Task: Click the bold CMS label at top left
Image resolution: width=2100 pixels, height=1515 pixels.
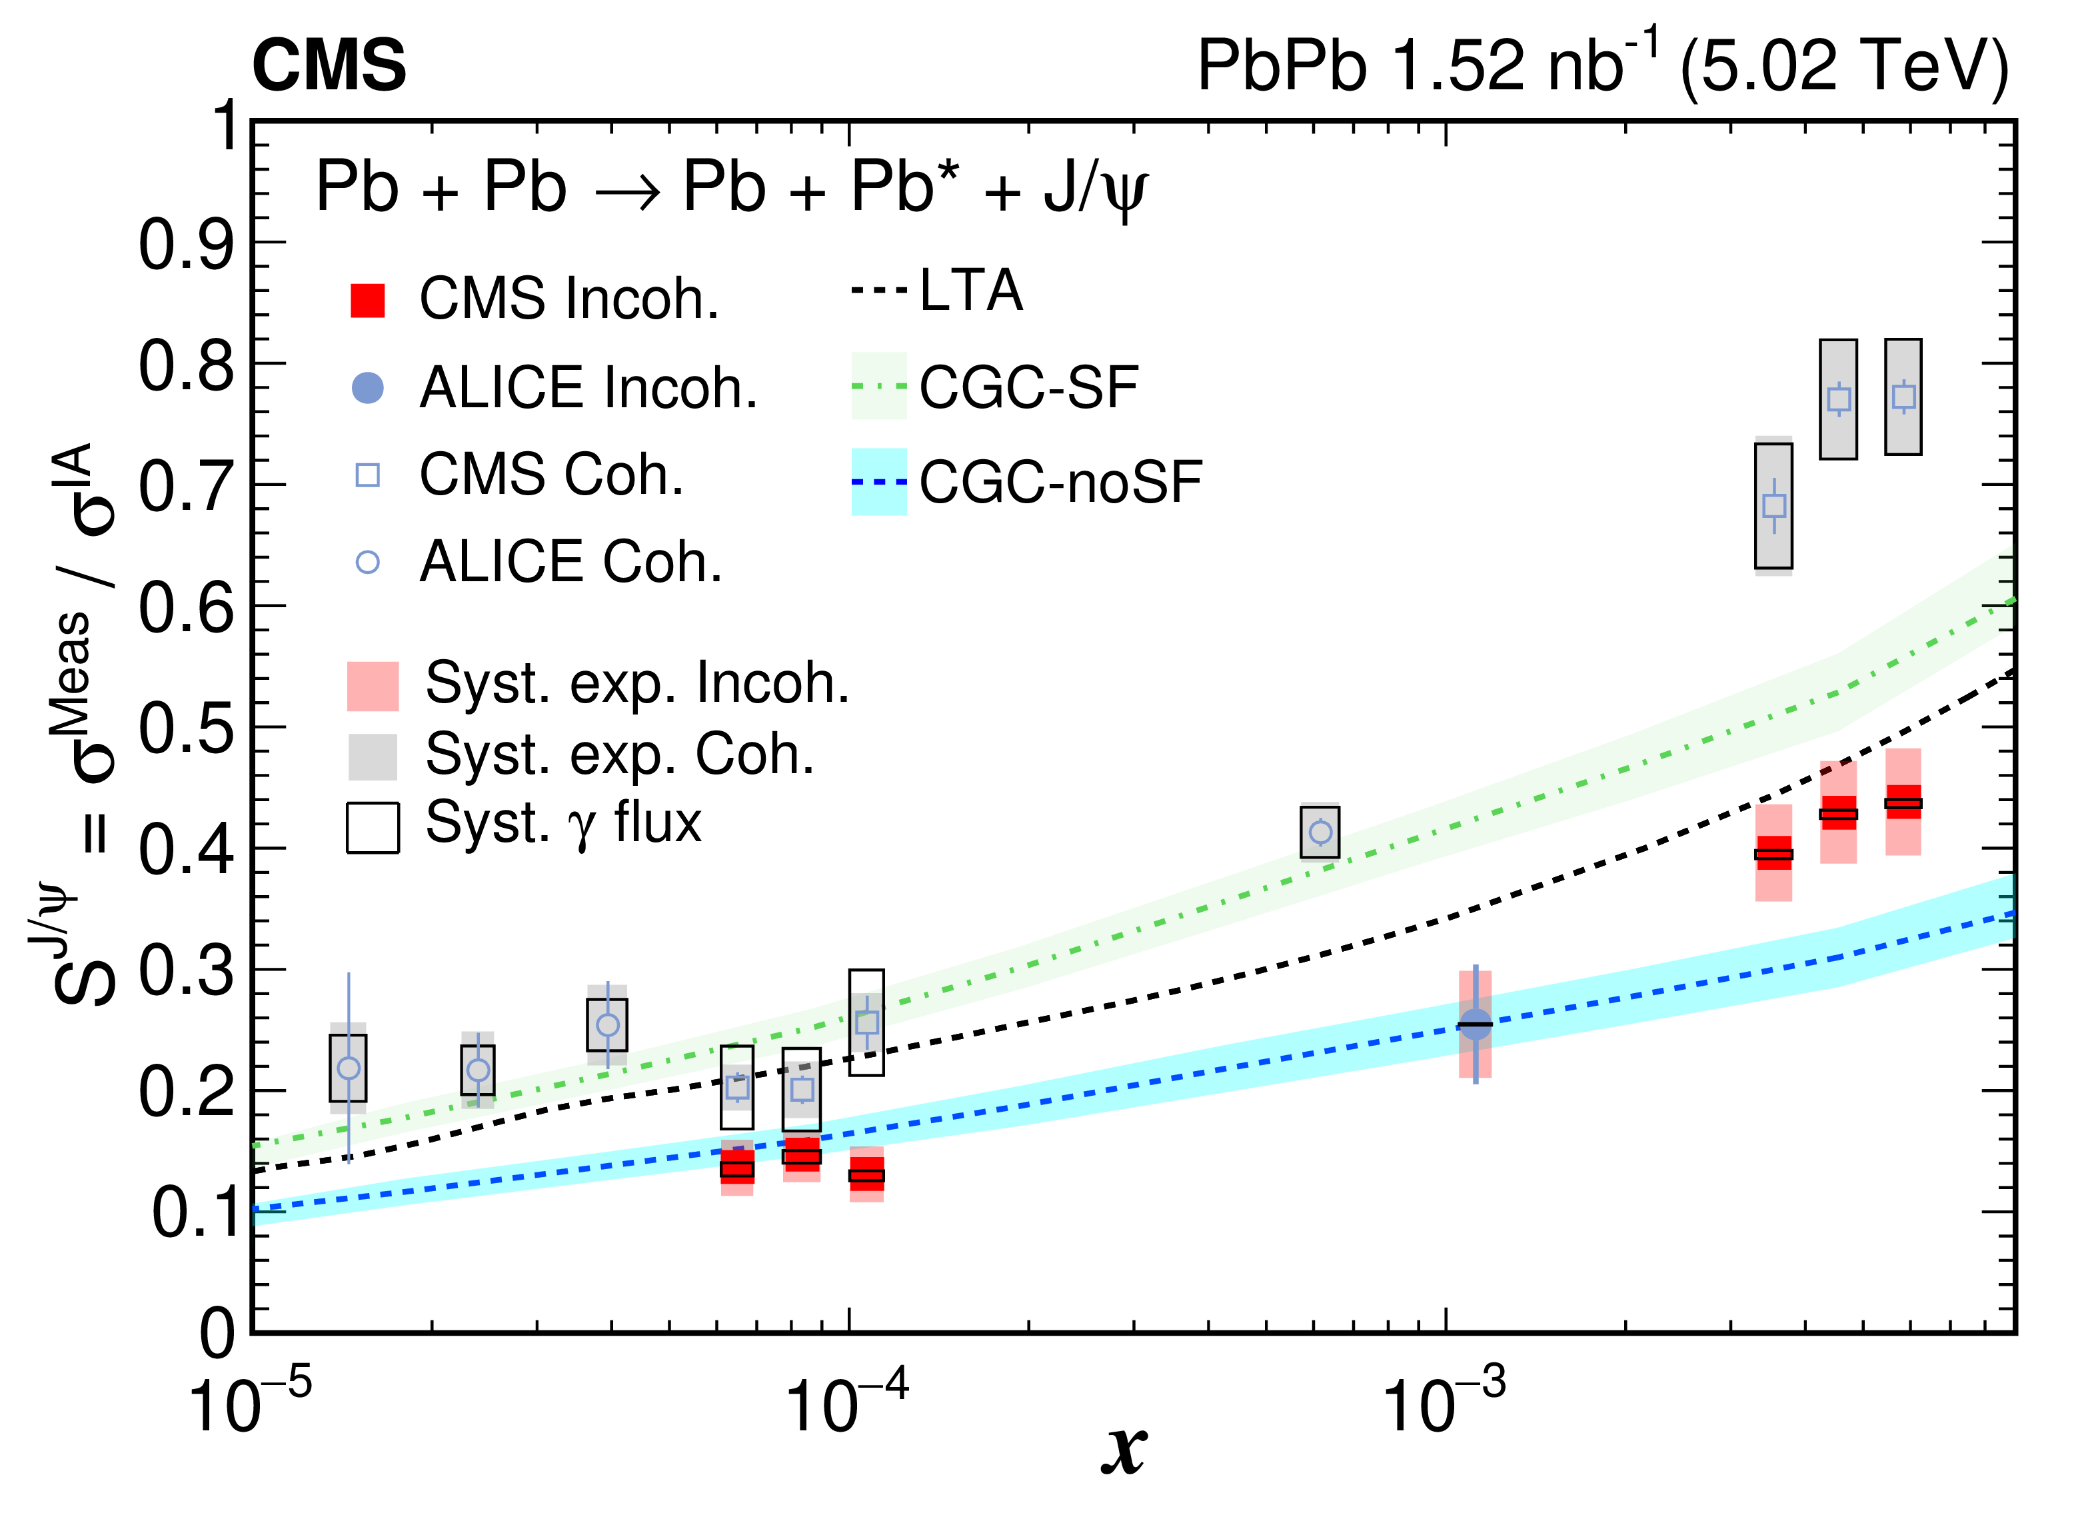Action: coord(329,66)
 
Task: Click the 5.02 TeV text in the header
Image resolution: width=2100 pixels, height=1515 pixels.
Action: coord(1843,66)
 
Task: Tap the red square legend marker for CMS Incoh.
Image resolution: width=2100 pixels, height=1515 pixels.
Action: coord(368,300)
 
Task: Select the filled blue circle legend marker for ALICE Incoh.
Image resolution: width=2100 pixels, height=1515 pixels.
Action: coord(368,387)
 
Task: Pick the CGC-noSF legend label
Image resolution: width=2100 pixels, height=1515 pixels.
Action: coord(1060,483)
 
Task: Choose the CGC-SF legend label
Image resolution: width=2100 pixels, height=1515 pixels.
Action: coord(1028,387)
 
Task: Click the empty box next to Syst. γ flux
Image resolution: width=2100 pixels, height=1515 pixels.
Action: coord(373,827)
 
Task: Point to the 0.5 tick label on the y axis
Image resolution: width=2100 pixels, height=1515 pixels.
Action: coord(185,729)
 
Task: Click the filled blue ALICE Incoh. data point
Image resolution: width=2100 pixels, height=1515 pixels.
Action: coord(1475,1024)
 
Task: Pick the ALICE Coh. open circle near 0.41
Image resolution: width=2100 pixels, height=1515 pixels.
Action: coord(1320,832)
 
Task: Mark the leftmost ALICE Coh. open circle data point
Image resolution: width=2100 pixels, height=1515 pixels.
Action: coord(348,1068)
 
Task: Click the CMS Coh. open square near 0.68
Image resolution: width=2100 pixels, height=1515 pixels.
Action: coord(1774,506)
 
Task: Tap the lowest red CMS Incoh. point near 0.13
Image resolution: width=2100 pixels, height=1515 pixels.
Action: coord(866,1175)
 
